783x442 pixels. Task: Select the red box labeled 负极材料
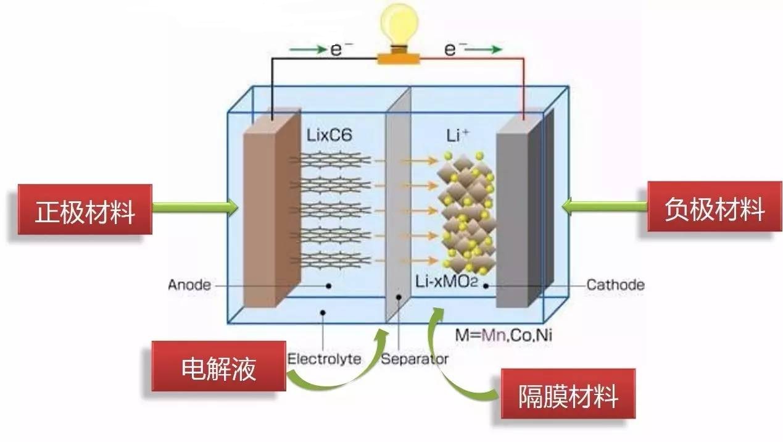[714, 210]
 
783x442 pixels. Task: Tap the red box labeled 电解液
[219, 369]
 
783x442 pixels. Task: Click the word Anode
[189, 285]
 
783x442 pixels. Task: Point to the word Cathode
[615, 285]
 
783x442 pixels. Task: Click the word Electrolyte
[325, 359]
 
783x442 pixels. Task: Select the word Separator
[415, 359]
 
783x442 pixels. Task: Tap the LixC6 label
[329, 135]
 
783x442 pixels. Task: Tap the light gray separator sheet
[398, 204]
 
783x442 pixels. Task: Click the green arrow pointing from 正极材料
[195, 208]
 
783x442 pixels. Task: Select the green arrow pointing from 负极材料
[605, 208]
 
